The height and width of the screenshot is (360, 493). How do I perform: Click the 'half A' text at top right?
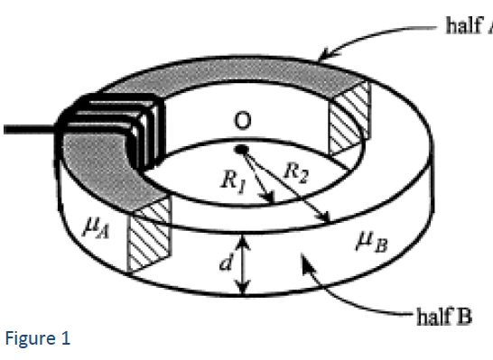tap(468, 26)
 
